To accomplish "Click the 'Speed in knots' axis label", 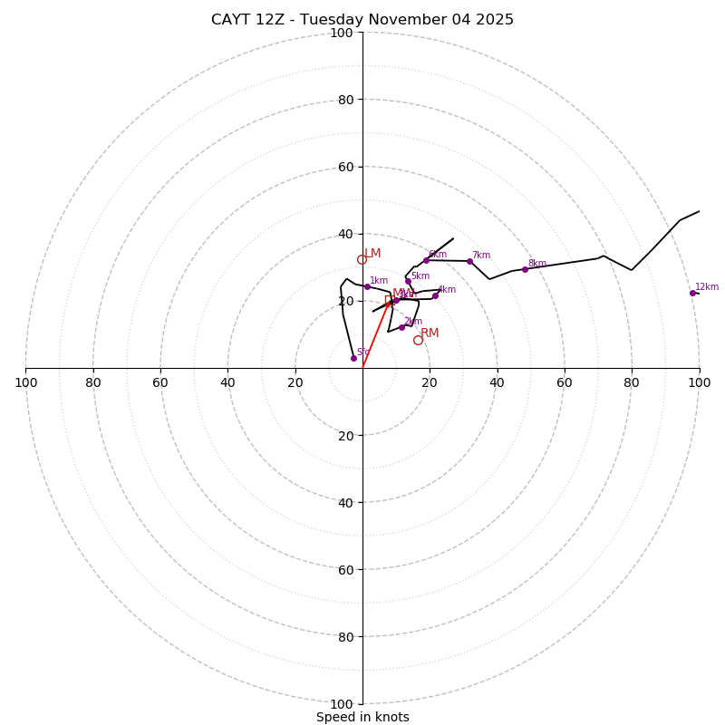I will (362, 717).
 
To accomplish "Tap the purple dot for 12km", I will (692, 293).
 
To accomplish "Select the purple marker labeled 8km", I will (525, 269).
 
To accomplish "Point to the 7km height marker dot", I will (469, 261).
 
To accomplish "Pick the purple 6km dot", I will (426, 260).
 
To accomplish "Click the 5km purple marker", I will (408, 281).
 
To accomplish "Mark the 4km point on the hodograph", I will (435, 295).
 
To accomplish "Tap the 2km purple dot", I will (401, 327).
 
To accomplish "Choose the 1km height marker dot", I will (367, 286).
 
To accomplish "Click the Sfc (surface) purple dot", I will (353, 358).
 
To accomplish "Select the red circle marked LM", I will (362, 259).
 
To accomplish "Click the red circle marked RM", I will (418, 340).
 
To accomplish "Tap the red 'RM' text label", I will (430, 333).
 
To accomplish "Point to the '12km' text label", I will (707, 287).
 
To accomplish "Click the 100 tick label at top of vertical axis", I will (342, 33).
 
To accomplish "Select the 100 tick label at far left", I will (25, 383).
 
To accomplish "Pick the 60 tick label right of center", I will (564, 383).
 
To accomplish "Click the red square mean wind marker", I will (389, 299).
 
